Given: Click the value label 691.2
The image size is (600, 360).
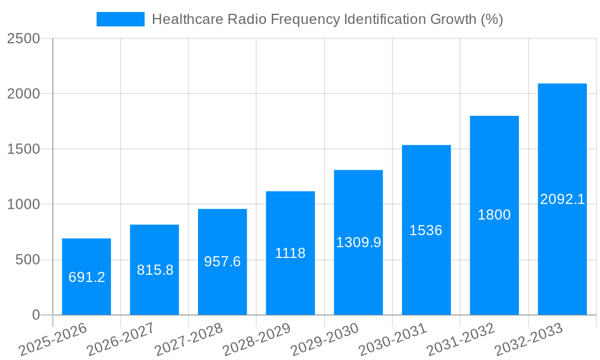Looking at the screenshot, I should point(86,277).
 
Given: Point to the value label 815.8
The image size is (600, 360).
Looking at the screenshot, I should point(155,270).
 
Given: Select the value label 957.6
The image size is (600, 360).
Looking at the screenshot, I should point(222,262).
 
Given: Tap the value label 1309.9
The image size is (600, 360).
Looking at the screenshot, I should point(358,242).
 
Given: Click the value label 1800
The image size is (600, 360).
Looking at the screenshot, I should point(494,215).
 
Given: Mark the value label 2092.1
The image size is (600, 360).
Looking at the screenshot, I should point(562,199).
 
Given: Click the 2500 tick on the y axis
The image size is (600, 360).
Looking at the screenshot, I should point(23,38).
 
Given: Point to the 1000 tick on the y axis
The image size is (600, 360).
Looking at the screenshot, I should point(23,205).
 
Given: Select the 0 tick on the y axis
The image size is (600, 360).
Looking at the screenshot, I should point(35,315).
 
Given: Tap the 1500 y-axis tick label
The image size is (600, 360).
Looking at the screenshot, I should point(23,149).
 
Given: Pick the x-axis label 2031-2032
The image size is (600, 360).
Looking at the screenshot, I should point(461,339).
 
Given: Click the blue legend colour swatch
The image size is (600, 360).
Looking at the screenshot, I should point(120,19).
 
